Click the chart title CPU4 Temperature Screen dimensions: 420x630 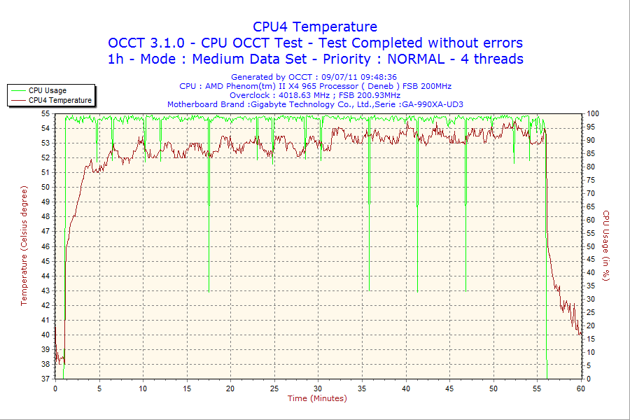[x=315, y=27]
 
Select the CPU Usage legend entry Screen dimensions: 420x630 [x=48, y=90]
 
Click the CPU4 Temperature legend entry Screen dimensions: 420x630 [x=59, y=100]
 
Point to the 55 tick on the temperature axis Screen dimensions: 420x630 [x=45, y=113]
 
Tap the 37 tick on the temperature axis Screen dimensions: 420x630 [x=45, y=379]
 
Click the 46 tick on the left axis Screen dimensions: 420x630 [x=45, y=246]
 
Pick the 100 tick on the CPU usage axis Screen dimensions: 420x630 [x=592, y=113]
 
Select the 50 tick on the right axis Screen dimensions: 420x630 [x=590, y=246]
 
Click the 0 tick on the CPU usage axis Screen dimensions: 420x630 [x=588, y=379]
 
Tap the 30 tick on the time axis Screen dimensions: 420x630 [x=318, y=388]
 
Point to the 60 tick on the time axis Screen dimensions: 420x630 [x=580, y=388]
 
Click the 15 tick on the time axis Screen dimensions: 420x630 [x=186, y=388]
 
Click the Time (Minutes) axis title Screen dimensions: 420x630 [x=317, y=398]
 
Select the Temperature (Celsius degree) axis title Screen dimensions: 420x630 [x=24, y=246]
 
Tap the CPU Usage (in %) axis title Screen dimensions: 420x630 [x=606, y=246]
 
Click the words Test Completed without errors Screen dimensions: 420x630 [x=415, y=43]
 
